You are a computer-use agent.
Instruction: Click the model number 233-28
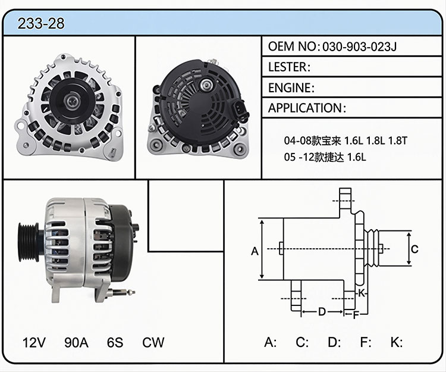click(41, 23)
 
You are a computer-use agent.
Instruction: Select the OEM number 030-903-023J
click(359, 46)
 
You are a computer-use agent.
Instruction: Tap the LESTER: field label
click(289, 67)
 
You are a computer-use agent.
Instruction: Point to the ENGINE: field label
click(291, 87)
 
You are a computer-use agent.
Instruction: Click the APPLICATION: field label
click(307, 108)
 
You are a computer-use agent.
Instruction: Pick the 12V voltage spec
click(34, 342)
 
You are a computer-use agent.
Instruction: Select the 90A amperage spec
click(76, 342)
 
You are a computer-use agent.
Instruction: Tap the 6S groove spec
click(115, 342)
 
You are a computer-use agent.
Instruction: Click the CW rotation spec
click(153, 342)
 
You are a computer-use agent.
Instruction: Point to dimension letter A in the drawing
click(255, 251)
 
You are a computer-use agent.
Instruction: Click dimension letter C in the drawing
click(414, 249)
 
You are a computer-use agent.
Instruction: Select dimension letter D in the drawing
click(322, 312)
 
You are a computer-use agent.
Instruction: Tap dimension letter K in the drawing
click(361, 293)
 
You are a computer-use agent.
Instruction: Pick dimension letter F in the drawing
click(356, 315)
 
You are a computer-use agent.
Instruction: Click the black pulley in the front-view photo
click(70, 101)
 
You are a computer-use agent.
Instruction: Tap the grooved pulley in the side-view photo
click(29, 242)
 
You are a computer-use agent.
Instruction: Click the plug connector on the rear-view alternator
click(240, 110)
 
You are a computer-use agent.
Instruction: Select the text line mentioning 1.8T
click(346, 140)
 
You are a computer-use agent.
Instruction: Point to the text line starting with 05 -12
click(325, 157)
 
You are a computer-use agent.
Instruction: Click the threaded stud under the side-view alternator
click(121, 292)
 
